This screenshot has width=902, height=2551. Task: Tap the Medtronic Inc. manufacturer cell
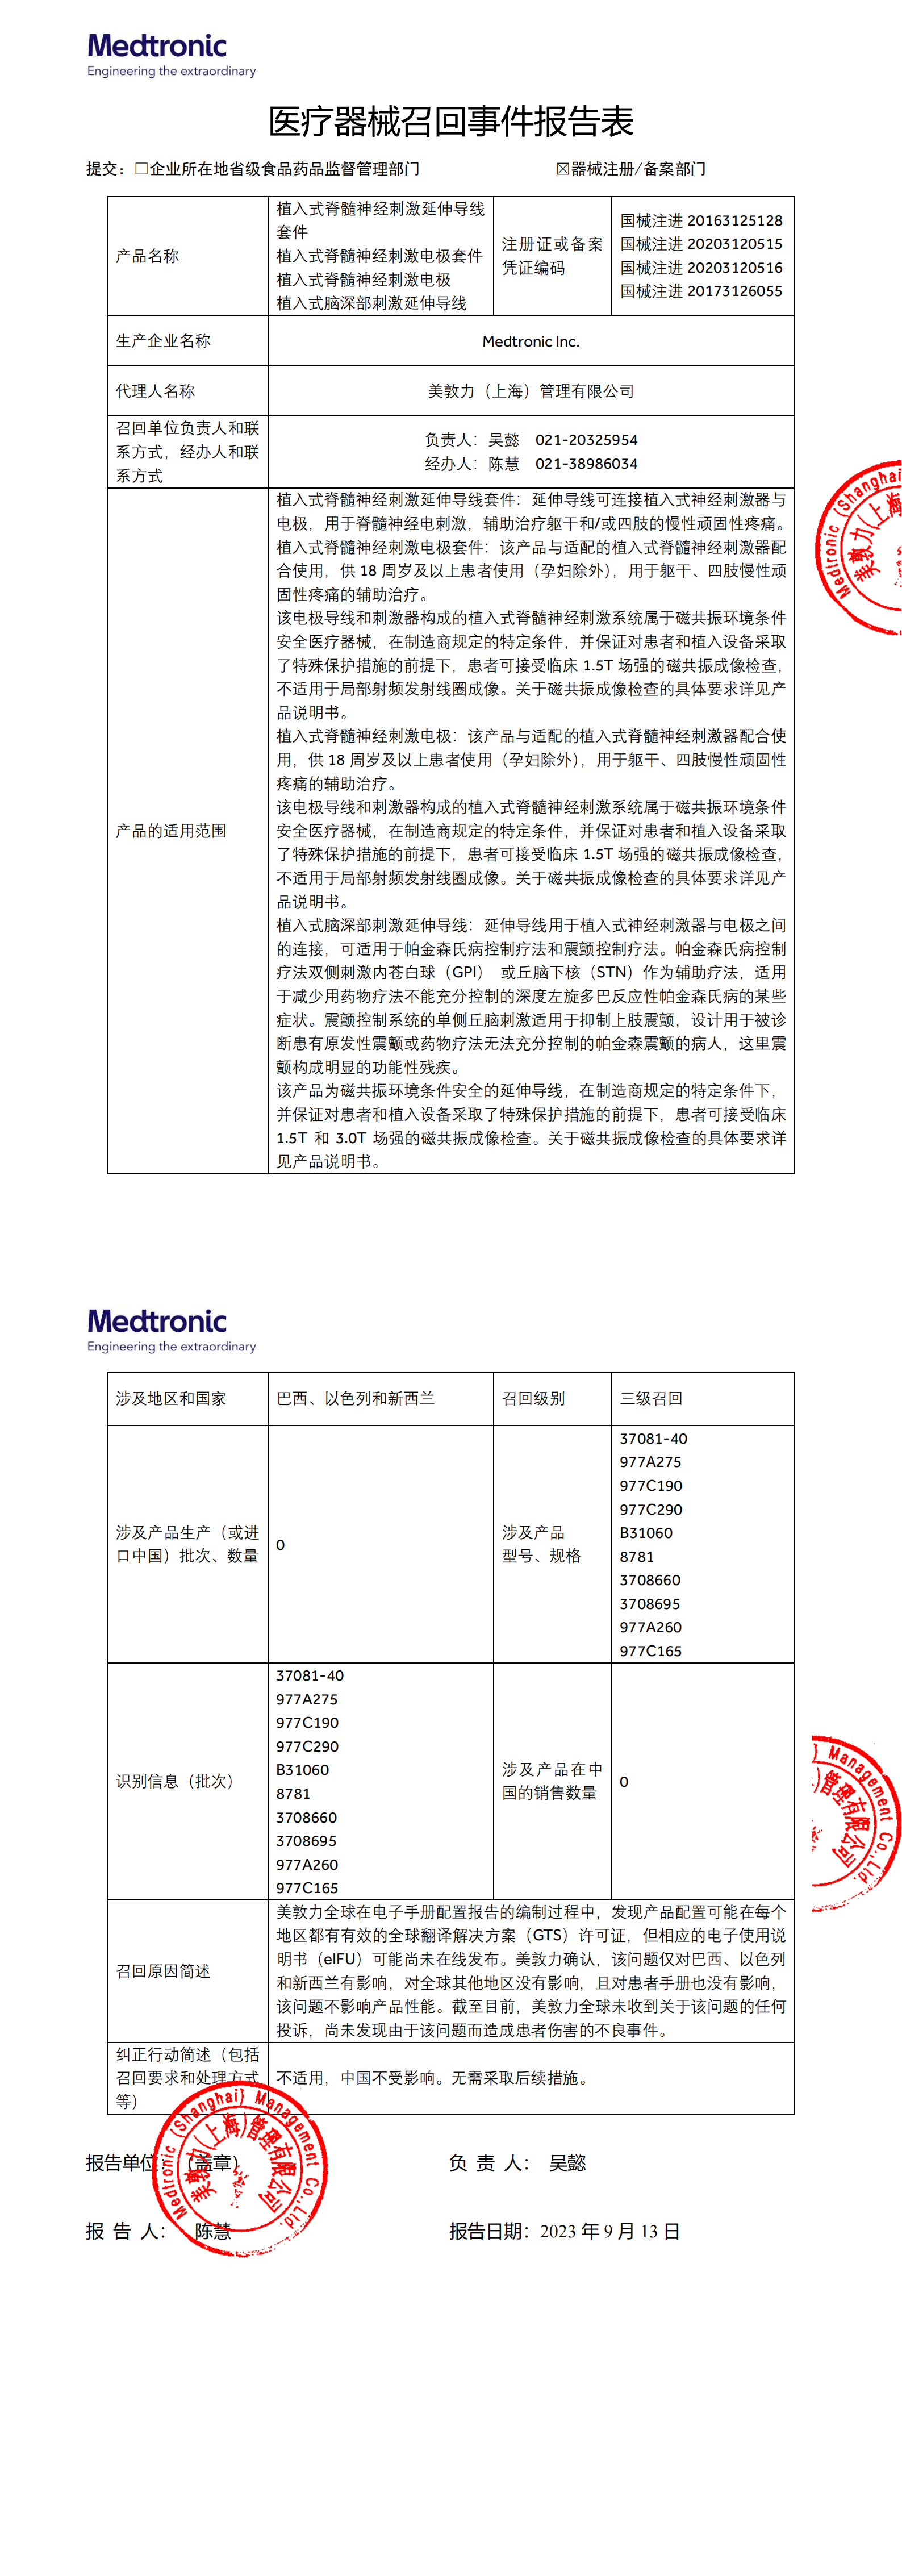click(x=531, y=341)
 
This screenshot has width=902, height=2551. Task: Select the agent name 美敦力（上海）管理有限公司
click(x=531, y=391)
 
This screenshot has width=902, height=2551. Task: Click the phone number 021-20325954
click(x=586, y=440)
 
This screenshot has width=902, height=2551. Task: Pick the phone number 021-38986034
click(x=586, y=464)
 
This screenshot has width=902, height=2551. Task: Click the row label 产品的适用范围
click(x=170, y=831)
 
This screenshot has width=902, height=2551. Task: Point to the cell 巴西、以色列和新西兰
click(x=356, y=1398)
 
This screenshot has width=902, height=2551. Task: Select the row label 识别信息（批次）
click(x=174, y=1781)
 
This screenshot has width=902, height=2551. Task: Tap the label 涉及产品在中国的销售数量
click(x=550, y=1781)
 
